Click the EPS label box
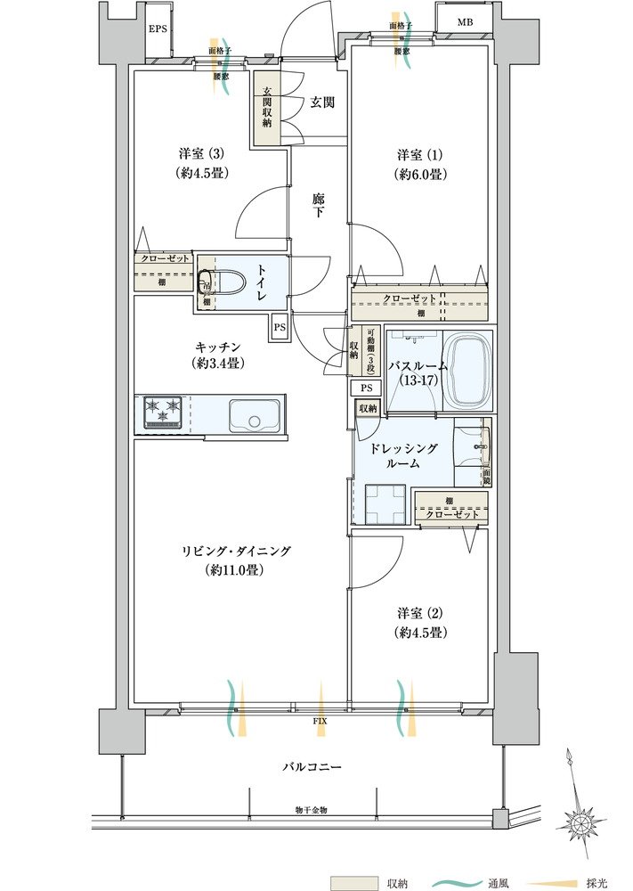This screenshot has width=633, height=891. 158,29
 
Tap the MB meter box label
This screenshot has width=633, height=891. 466,21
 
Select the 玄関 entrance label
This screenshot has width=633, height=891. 322,102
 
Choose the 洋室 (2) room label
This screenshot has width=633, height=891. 421,622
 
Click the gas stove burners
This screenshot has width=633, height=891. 161,413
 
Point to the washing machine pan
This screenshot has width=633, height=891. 384,505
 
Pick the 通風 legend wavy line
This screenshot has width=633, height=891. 455,881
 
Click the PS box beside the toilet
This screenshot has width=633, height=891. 279,326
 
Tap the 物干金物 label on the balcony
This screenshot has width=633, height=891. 312,810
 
